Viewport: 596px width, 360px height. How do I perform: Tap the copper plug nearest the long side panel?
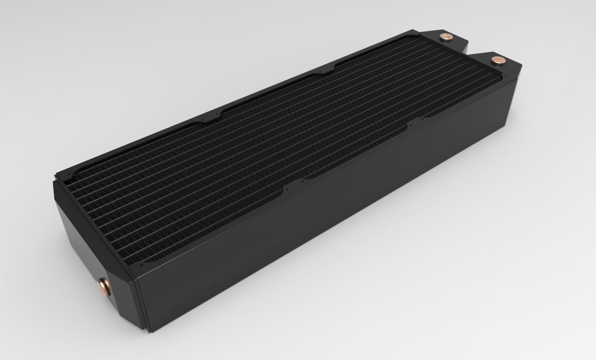point(497,60)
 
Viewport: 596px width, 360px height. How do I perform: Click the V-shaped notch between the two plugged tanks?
point(472,56)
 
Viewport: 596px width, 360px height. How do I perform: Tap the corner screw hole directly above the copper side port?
point(142,266)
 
